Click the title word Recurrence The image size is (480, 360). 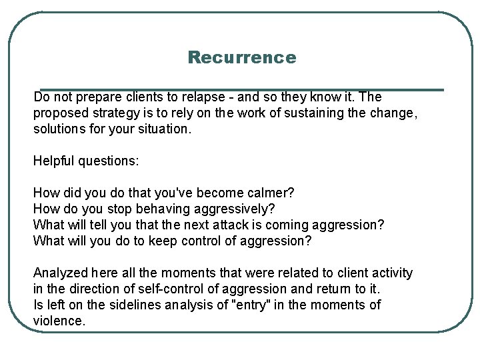(241, 57)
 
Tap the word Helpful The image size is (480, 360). (53, 161)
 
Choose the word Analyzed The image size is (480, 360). (60, 273)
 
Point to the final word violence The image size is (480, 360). (59, 321)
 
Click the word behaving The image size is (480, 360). (145, 209)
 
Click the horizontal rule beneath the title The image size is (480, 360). (241, 89)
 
